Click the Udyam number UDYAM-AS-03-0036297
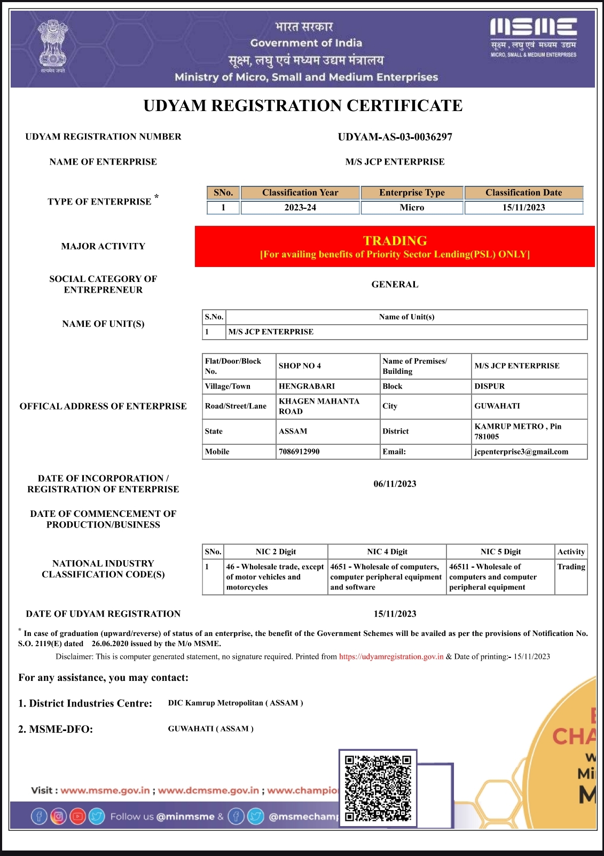[395, 137]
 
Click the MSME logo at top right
[533, 36]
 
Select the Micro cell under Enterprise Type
[412, 208]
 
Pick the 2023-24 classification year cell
[300, 208]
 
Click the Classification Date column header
[523, 193]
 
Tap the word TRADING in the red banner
[395, 241]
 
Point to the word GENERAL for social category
[395, 285]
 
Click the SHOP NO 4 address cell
[300, 366]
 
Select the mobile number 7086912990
[299, 452]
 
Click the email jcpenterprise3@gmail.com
[521, 452]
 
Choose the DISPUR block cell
[489, 386]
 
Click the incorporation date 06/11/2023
[395, 484]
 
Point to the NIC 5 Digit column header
[500, 552]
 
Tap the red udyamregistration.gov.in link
[391, 657]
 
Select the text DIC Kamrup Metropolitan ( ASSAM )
[236, 703]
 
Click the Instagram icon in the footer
[58, 816]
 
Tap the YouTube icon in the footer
[77, 816]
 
